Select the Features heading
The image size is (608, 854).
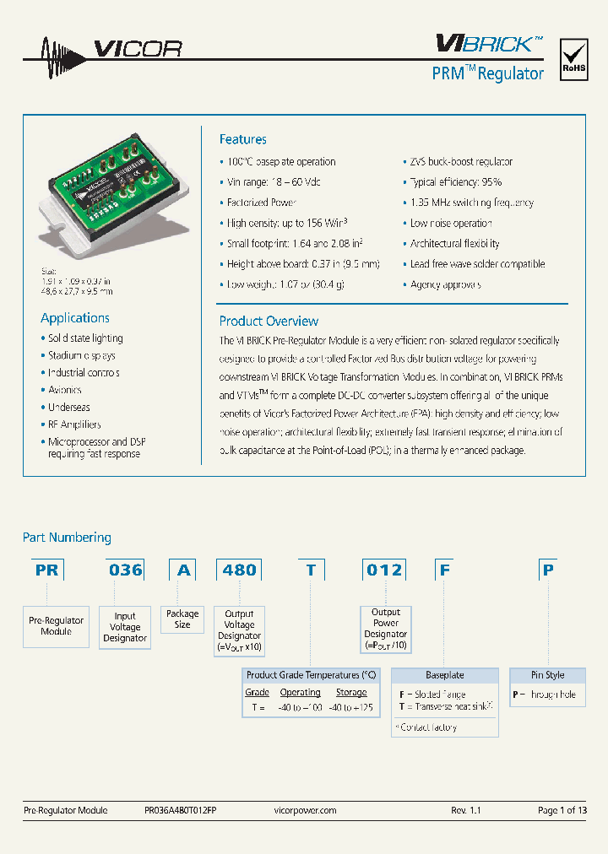[242, 139]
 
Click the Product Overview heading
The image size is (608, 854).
[269, 321]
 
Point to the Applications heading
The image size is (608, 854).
[75, 318]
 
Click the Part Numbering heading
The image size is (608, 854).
[67, 538]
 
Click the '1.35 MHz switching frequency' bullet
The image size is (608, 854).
[471, 203]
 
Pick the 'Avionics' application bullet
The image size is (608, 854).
[64, 390]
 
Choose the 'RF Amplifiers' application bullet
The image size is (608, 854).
[74, 424]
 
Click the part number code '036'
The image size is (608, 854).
[126, 570]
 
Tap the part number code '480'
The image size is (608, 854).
[239, 570]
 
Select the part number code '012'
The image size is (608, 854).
[384, 570]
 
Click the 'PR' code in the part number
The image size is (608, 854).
[47, 570]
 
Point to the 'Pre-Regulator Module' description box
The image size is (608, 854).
[56, 626]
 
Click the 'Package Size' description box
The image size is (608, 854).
[182, 619]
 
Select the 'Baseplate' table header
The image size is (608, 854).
[444, 675]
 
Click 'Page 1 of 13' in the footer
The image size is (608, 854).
[562, 810]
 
